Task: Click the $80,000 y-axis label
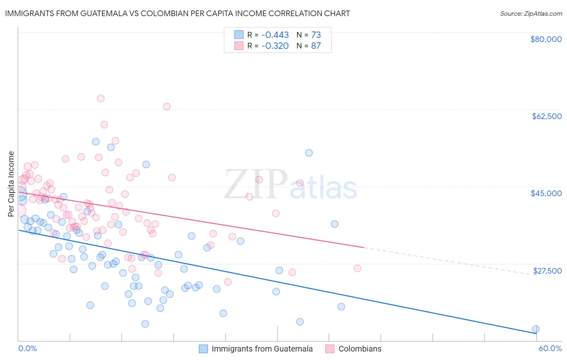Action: coord(546,39)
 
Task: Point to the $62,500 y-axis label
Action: coord(546,116)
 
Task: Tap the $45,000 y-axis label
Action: coord(546,193)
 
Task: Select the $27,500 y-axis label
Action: coord(547,271)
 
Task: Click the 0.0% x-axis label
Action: coord(27,348)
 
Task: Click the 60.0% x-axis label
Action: coord(550,348)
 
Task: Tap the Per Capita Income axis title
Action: coord(11,184)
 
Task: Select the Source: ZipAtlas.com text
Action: coord(531,13)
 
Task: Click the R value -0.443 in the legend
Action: coord(275,35)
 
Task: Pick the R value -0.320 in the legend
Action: coord(275,46)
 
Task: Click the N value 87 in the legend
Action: coord(316,46)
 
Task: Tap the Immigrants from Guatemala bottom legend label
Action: coord(262,349)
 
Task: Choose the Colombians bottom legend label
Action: coord(360,349)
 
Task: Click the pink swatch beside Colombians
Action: coord(330,349)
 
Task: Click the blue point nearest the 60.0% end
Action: coord(536,329)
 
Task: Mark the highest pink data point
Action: coord(101,98)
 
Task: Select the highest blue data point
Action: coord(96,142)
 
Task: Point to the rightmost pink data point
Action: coord(357,268)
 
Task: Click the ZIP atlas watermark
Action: coord(290,185)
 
